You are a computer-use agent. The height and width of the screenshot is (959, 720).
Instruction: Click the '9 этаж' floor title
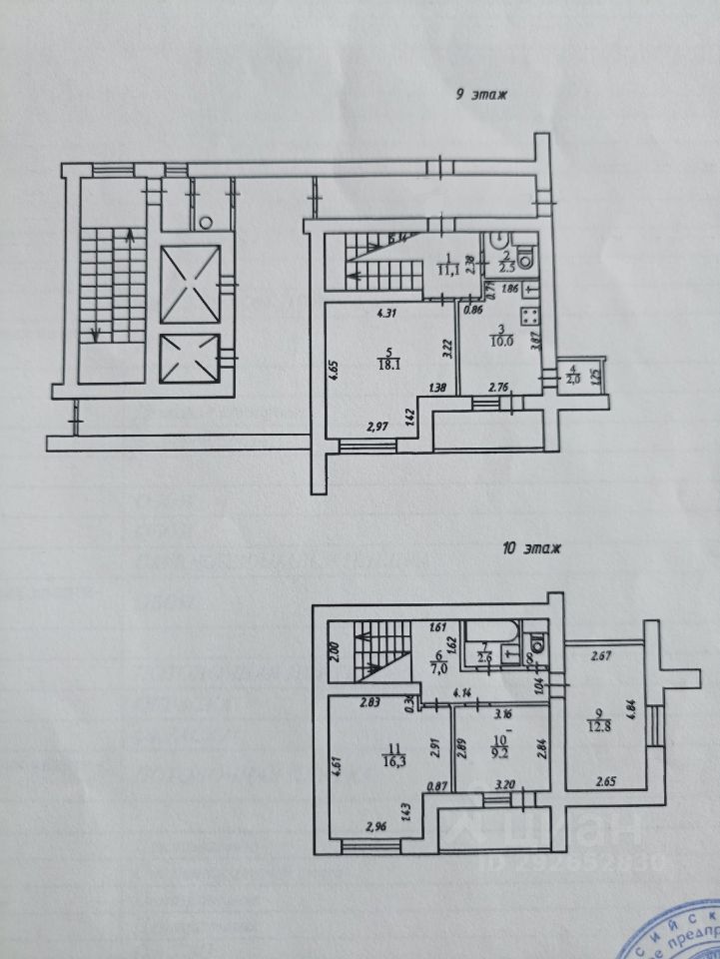(481, 96)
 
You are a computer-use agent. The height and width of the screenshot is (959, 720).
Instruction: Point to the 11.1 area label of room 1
(448, 268)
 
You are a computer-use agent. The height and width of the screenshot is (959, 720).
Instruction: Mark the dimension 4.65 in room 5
(333, 370)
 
